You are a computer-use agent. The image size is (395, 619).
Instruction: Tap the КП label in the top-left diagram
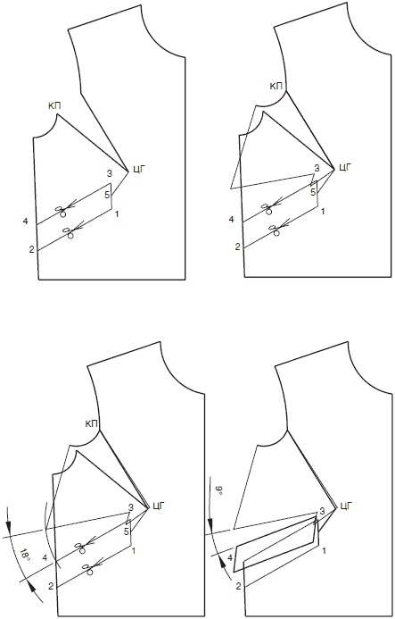click(54, 105)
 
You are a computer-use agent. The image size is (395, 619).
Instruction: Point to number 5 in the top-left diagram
click(106, 195)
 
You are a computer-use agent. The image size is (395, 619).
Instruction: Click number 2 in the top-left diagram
click(31, 249)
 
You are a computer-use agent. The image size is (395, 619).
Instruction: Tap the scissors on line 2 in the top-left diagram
click(70, 232)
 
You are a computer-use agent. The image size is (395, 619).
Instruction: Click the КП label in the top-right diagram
click(276, 86)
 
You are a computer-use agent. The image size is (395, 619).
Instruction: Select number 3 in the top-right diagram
click(317, 169)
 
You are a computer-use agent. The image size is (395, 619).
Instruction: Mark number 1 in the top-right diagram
click(324, 212)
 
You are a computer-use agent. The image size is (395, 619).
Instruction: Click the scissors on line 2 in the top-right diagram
click(276, 230)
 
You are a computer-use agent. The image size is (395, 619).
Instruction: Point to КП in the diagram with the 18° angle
click(92, 424)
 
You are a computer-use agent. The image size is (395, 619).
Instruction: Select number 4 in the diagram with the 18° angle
click(45, 558)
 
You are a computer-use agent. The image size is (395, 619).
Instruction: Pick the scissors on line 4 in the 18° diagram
click(81, 547)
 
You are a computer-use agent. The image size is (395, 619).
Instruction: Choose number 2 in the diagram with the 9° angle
click(238, 586)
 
